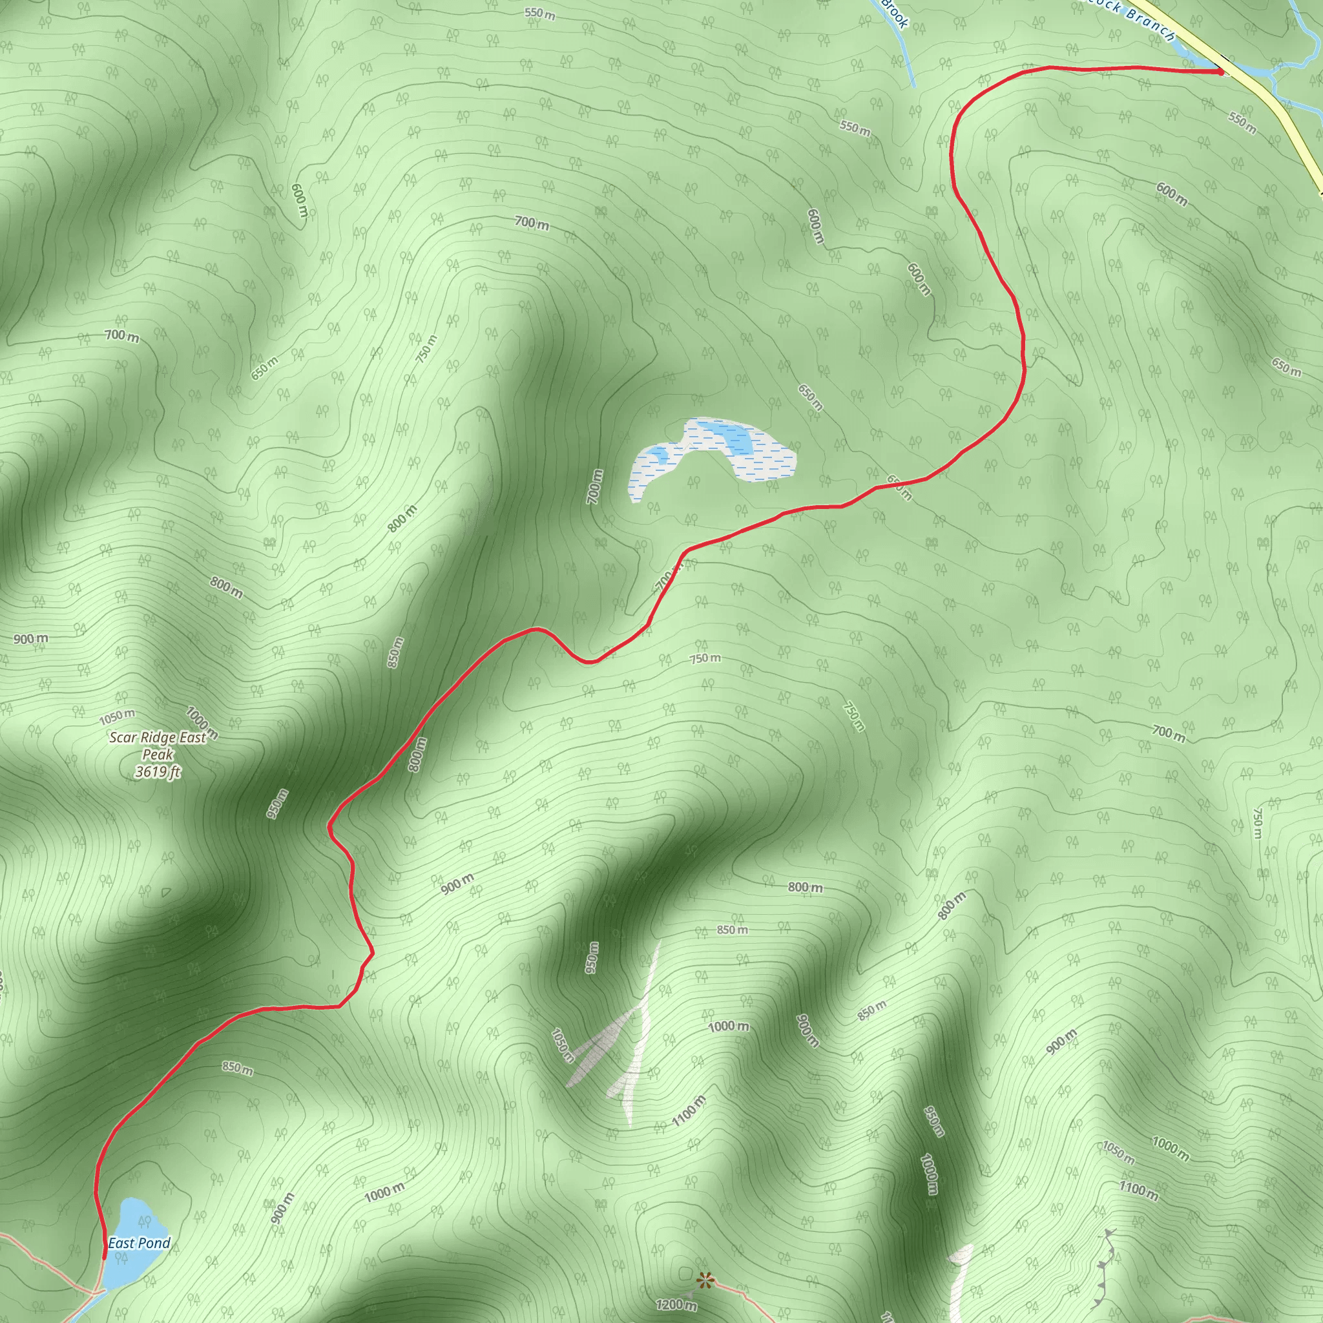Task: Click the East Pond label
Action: [x=139, y=1243]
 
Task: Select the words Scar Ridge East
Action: [x=158, y=738]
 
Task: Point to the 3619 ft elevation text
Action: [x=158, y=772]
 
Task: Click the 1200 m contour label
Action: [x=676, y=1304]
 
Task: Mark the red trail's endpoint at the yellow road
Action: [x=1220, y=70]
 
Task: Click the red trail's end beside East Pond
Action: [x=104, y=1257]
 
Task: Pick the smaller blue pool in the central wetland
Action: [x=659, y=453]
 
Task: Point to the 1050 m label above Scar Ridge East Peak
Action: [x=116, y=717]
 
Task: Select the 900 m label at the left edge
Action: [x=31, y=639]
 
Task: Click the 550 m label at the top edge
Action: [x=540, y=14]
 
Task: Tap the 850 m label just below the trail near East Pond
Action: [x=237, y=1068]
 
